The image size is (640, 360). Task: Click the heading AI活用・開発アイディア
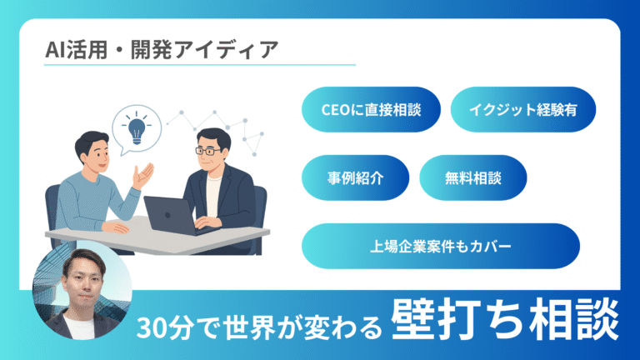click(162, 50)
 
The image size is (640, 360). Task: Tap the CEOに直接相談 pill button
click(371, 109)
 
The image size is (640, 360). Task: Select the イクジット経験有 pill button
click(522, 109)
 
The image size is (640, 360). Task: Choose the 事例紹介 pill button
click(355, 178)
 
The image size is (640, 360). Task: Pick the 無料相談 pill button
click(473, 178)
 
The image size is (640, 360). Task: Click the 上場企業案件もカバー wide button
click(441, 246)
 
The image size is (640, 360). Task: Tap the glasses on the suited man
click(209, 151)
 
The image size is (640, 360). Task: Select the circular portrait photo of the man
click(82, 290)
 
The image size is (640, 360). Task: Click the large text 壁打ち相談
click(504, 320)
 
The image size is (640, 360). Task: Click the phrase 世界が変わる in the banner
click(302, 327)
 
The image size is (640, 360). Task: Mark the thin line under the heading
click(200, 64)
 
